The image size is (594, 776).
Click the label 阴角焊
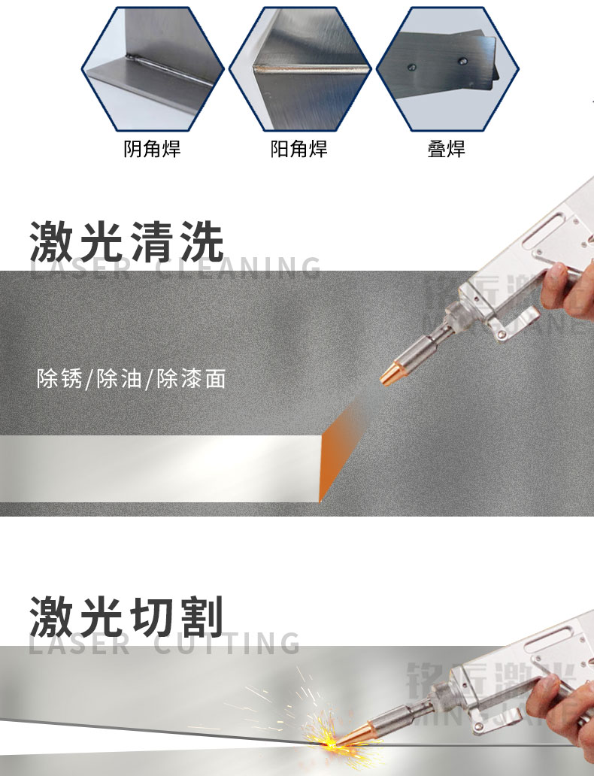[x=152, y=149]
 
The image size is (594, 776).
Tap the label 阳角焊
[x=299, y=149]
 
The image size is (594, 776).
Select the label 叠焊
[x=446, y=149]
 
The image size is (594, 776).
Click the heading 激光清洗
[x=127, y=241]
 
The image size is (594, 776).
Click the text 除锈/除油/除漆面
[x=131, y=378]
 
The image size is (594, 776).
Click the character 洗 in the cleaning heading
[x=201, y=241]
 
